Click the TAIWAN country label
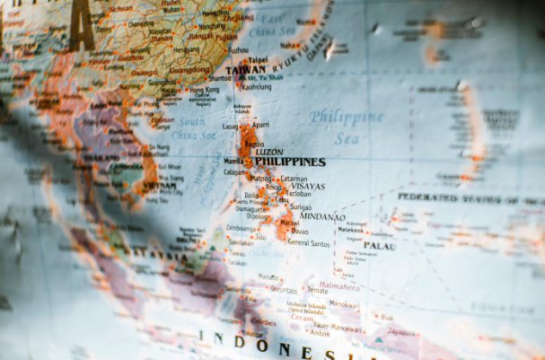click(x=245, y=69)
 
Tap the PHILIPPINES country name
click(x=289, y=162)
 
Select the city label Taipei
click(x=258, y=60)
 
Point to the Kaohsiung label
click(x=256, y=87)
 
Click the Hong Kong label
click(x=204, y=90)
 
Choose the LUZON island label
click(x=269, y=152)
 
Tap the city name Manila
click(x=233, y=162)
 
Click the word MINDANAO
click(x=321, y=216)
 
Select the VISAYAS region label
click(x=309, y=187)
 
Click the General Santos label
click(x=310, y=243)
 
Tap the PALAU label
click(x=379, y=245)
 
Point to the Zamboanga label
click(x=242, y=229)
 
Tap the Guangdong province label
click(x=189, y=69)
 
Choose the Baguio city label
click(x=254, y=144)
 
